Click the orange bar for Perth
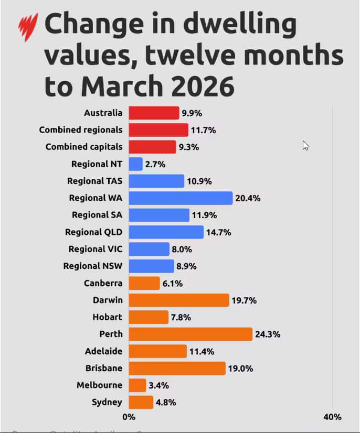click(x=190, y=334)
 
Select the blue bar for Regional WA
click(x=180, y=198)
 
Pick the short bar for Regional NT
click(x=135, y=164)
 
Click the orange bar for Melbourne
click(x=137, y=385)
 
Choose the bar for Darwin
click(x=178, y=300)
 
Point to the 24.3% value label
click(x=268, y=334)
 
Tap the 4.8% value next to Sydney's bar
click(x=166, y=403)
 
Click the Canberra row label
click(x=103, y=283)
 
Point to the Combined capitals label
click(x=84, y=147)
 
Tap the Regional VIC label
click(x=95, y=249)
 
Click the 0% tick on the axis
click(x=129, y=417)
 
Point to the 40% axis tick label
click(x=332, y=417)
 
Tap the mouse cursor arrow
click(x=305, y=145)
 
